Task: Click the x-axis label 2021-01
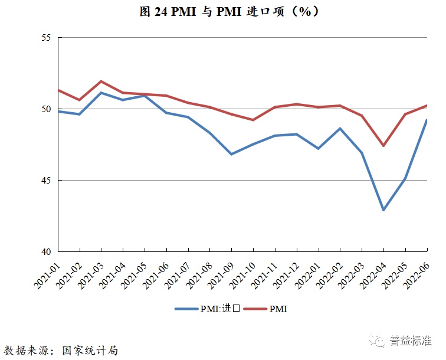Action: point(47,274)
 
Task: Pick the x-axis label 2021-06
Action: point(155,274)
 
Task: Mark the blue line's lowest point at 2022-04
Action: point(383,210)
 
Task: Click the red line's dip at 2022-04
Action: point(383,145)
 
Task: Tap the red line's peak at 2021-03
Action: point(101,81)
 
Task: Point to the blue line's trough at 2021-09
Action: point(231,154)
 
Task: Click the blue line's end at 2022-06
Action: point(427,120)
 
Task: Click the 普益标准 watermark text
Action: point(414,341)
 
